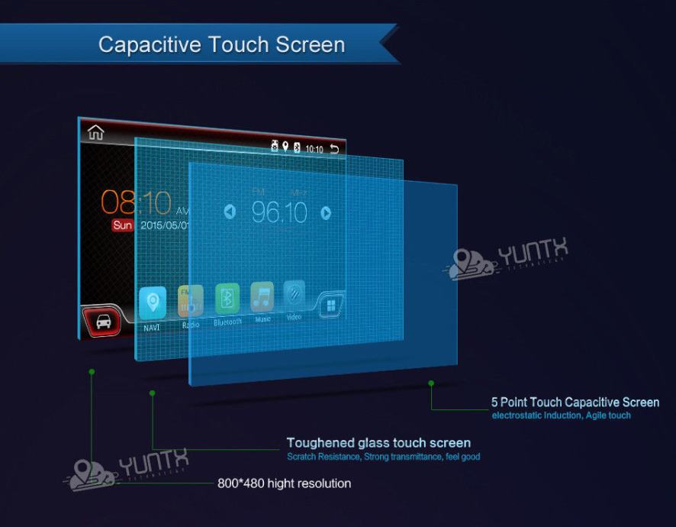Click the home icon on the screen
click(95, 133)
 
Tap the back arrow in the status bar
click(334, 148)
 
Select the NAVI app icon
click(153, 303)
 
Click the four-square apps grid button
click(331, 306)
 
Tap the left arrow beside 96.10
click(230, 212)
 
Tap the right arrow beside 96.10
click(326, 213)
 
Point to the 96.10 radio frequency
click(278, 213)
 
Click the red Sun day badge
click(122, 225)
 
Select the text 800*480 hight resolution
click(284, 483)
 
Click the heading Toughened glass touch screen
click(378, 443)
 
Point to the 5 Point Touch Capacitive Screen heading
click(575, 403)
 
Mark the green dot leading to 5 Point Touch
click(431, 383)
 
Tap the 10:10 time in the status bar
click(314, 149)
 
